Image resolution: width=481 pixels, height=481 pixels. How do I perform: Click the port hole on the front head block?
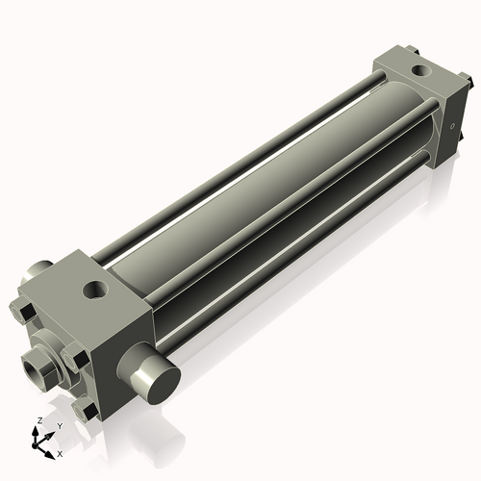pyautogui.click(x=96, y=287)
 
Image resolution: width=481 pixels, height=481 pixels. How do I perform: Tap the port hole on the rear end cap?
pyautogui.click(x=420, y=70)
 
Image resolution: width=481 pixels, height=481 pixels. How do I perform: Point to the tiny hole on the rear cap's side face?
pyautogui.click(x=450, y=123)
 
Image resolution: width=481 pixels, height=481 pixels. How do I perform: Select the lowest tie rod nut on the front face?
pyautogui.click(x=89, y=411)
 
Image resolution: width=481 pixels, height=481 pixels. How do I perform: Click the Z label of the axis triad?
pyautogui.click(x=38, y=421)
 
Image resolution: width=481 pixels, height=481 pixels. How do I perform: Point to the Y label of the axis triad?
pyautogui.click(x=59, y=425)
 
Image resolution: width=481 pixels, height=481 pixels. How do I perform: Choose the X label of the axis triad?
pyautogui.click(x=60, y=452)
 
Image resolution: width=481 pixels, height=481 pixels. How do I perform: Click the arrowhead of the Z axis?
pyautogui.click(x=39, y=431)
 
